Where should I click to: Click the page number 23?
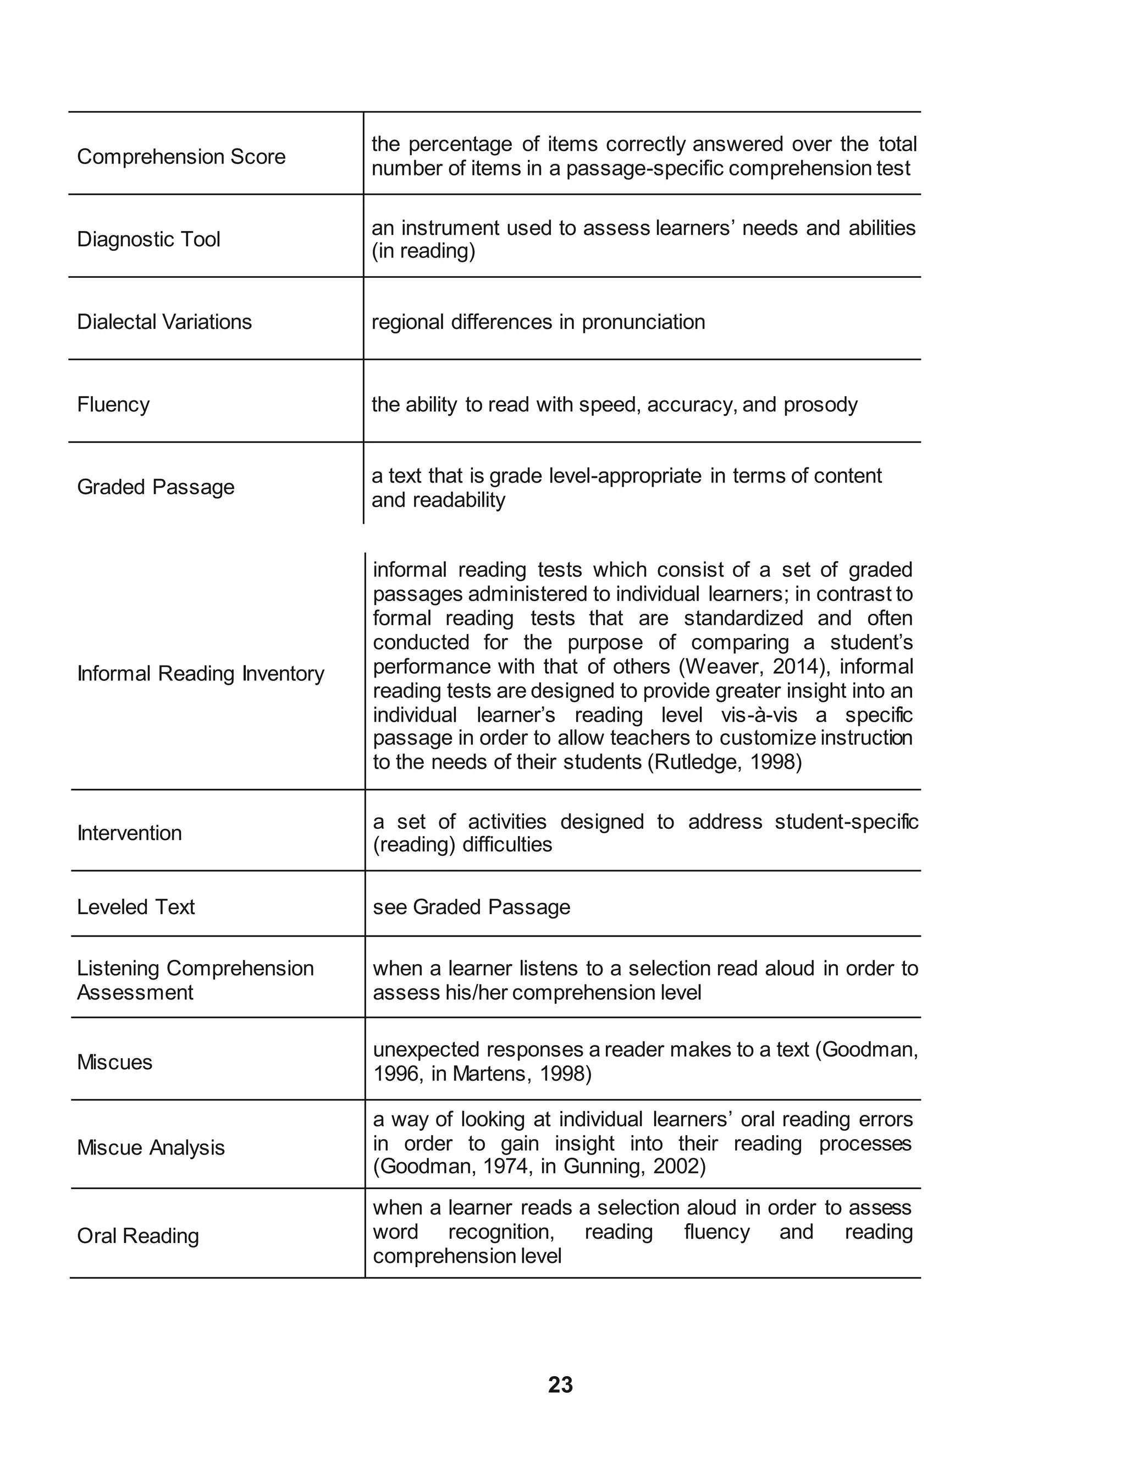(560, 1384)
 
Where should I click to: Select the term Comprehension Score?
(181, 156)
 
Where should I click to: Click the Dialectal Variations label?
(164, 322)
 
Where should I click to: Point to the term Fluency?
(113, 404)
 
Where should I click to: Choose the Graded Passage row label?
(156, 487)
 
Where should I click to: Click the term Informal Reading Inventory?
(200, 673)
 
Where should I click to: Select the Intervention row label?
(129, 833)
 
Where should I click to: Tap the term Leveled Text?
(135, 906)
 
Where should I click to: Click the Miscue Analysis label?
(151, 1147)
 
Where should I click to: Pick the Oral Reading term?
(138, 1235)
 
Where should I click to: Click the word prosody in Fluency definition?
(820, 405)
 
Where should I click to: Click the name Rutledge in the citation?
(694, 762)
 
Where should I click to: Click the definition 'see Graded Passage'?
(471, 906)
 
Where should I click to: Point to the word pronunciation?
(643, 322)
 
